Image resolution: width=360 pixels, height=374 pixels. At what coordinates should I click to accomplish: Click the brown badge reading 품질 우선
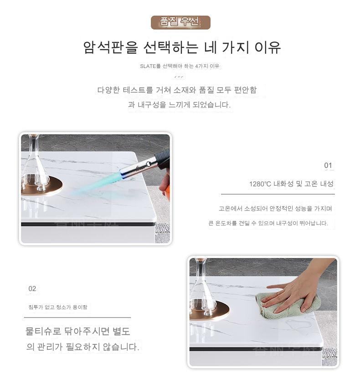point(180,22)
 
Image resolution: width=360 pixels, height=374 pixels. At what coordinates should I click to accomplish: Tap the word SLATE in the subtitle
point(148,66)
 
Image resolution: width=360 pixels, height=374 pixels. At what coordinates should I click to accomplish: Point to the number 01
point(328,165)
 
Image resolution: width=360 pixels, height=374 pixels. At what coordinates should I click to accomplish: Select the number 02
point(32,289)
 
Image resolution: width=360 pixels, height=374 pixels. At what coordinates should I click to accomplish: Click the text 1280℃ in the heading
point(260,184)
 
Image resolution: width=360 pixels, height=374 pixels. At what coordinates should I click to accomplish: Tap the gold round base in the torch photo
point(42,186)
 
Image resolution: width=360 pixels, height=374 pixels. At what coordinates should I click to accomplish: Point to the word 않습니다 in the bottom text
point(121,347)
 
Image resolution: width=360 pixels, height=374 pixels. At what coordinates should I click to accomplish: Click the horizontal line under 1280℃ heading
point(278,194)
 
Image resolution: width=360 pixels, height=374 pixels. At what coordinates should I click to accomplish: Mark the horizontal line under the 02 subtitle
point(77,317)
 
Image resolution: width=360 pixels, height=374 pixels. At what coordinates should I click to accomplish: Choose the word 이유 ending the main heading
point(267,47)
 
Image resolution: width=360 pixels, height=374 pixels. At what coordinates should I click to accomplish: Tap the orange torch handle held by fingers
point(165,188)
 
